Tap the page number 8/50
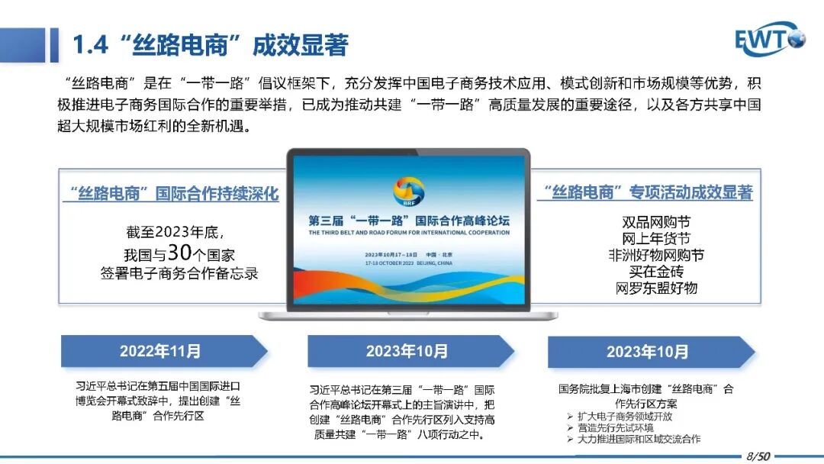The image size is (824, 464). click(x=758, y=456)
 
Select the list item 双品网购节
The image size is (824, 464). click(x=656, y=222)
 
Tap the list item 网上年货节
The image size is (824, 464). click(x=656, y=239)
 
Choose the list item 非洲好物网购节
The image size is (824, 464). click(x=656, y=256)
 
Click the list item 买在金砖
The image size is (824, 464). click(x=656, y=272)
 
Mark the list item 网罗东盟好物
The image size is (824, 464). click(x=656, y=288)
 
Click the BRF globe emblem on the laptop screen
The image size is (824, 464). click(x=408, y=192)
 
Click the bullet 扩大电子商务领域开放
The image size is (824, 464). click(x=625, y=417)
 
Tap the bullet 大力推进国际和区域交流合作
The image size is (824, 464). click(x=639, y=439)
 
